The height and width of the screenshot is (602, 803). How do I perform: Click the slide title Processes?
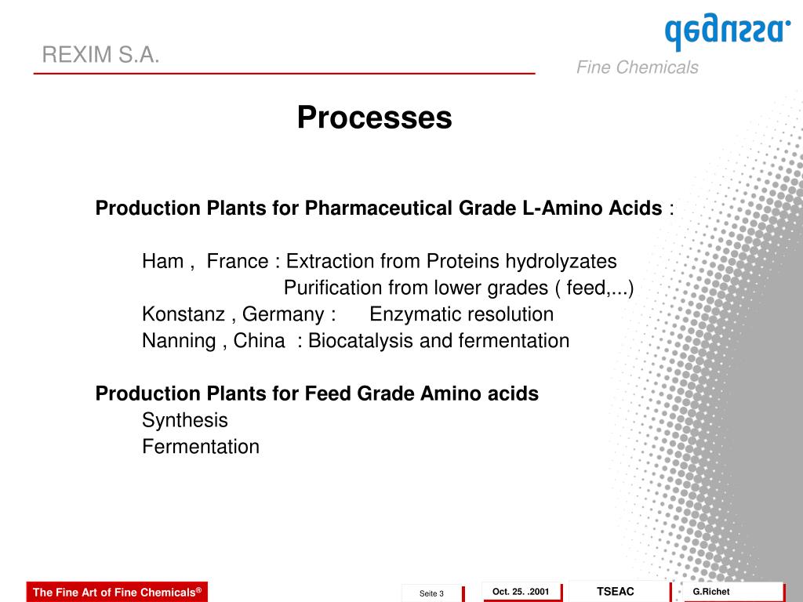click(374, 118)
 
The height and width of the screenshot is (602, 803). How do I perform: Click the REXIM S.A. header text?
click(100, 55)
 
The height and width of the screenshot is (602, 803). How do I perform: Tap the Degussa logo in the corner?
click(727, 32)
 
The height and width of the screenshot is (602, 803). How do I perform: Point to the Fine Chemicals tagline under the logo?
click(637, 67)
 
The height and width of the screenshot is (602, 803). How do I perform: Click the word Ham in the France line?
click(162, 261)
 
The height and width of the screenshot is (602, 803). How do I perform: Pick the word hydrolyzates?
click(561, 261)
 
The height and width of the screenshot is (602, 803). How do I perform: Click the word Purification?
click(330, 288)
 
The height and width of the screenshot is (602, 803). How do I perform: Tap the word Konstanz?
click(183, 314)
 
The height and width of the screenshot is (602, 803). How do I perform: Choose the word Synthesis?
click(184, 421)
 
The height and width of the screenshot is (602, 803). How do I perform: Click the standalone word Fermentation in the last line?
click(200, 447)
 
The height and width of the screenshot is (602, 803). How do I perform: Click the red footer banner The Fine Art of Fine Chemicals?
click(117, 593)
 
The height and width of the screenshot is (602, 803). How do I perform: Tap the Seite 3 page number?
click(431, 593)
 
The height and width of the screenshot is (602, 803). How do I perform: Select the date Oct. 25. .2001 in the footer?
click(521, 591)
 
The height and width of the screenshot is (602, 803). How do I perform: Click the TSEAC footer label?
click(616, 591)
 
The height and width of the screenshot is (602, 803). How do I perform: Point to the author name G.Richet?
click(711, 591)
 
